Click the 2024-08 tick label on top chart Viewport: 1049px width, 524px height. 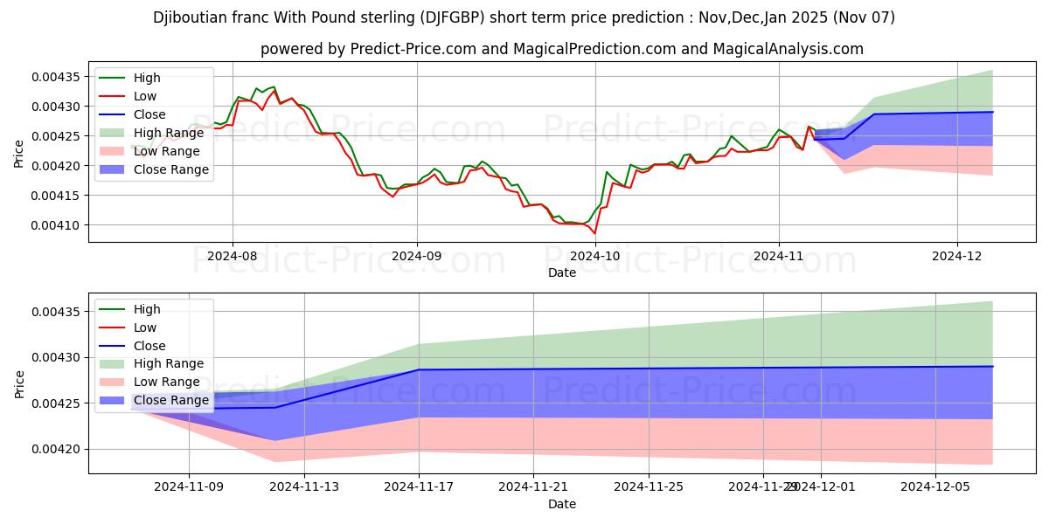pos(233,257)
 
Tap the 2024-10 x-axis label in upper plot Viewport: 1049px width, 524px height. pos(596,257)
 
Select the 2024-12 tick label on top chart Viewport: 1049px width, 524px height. pos(958,257)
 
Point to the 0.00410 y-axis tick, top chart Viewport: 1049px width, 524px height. pos(56,225)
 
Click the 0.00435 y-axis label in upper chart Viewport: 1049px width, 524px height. pos(56,77)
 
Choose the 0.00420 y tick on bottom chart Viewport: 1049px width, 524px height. pos(56,449)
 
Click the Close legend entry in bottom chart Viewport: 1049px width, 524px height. pos(149,346)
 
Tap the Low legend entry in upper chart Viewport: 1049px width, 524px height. pos(145,96)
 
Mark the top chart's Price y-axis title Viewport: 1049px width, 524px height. pos(19,153)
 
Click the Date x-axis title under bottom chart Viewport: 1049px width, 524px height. pos(562,504)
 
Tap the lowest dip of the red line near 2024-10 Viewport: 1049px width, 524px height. pos(594,233)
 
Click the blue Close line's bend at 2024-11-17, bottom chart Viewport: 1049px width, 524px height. pos(419,370)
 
